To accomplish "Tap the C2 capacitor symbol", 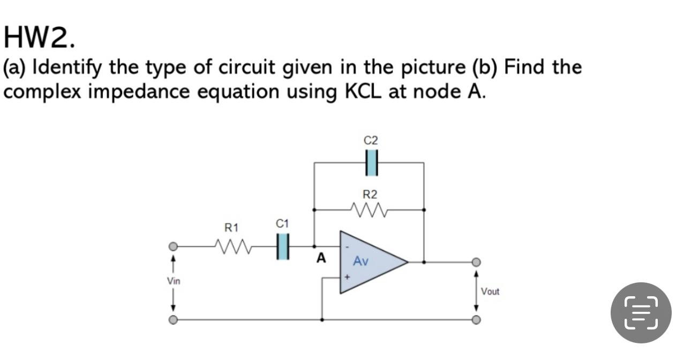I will point(371,163).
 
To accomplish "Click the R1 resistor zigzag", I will point(232,247).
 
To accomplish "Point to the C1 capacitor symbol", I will point(283,247).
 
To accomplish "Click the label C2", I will point(371,141).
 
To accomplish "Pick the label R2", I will point(370,193).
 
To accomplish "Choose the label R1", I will point(231,228).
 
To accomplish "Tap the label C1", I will point(283,223).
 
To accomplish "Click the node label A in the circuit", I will point(321,259).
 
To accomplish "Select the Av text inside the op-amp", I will point(361,262).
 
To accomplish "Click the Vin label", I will point(173,281).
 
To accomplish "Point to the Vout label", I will point(490,292).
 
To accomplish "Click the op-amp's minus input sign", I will point(347,247).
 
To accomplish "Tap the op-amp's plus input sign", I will point(347,277).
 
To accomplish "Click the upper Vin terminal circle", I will point(173,247).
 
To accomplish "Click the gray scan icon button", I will point(641,313).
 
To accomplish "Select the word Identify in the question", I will point(69,68).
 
